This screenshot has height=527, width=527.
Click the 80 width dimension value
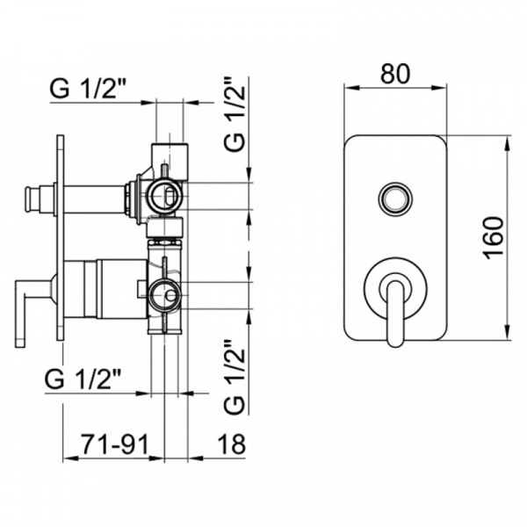click(395, 74)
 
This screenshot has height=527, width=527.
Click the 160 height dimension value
click(494, 238)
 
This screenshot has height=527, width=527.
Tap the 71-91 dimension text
click(114, 444)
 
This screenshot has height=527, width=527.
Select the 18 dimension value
click(232, 444)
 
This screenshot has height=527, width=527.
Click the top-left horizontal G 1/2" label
click(88, 89)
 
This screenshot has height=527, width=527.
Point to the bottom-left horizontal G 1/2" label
click(83, 379)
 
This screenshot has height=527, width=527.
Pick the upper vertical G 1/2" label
click(234, 115)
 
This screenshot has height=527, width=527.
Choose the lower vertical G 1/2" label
click(234, 377)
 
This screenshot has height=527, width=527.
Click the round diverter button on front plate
click(394, 199)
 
